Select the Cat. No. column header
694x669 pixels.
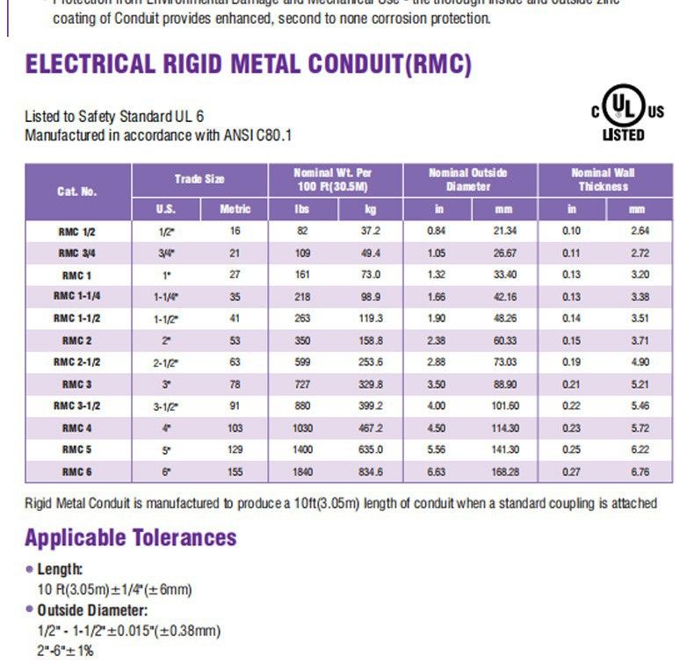pos(77,191)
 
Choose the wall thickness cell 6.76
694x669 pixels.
pos(640,472)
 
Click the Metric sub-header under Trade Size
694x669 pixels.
pos(235,209)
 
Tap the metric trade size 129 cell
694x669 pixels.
pos(235,450)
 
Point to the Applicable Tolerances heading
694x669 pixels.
pos(130,537)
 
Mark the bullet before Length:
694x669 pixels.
pos(29,570)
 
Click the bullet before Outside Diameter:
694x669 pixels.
pos(29,610)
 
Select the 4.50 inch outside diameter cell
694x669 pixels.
pos(437,428)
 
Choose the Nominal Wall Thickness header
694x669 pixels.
pos(604,179)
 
